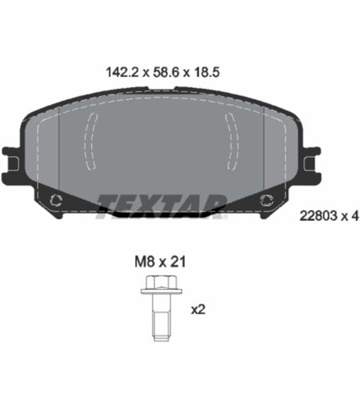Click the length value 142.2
tap(122, 72)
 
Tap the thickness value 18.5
tap(207, 72)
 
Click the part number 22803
tap(318, 215)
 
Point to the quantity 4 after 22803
tap(354, 215)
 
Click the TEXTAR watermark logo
tap(162, 207)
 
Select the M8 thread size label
tap(145, 262)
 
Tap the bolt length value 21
tap(178, 262)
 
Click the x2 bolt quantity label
tap(198, 310)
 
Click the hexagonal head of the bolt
tap(162, 282)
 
